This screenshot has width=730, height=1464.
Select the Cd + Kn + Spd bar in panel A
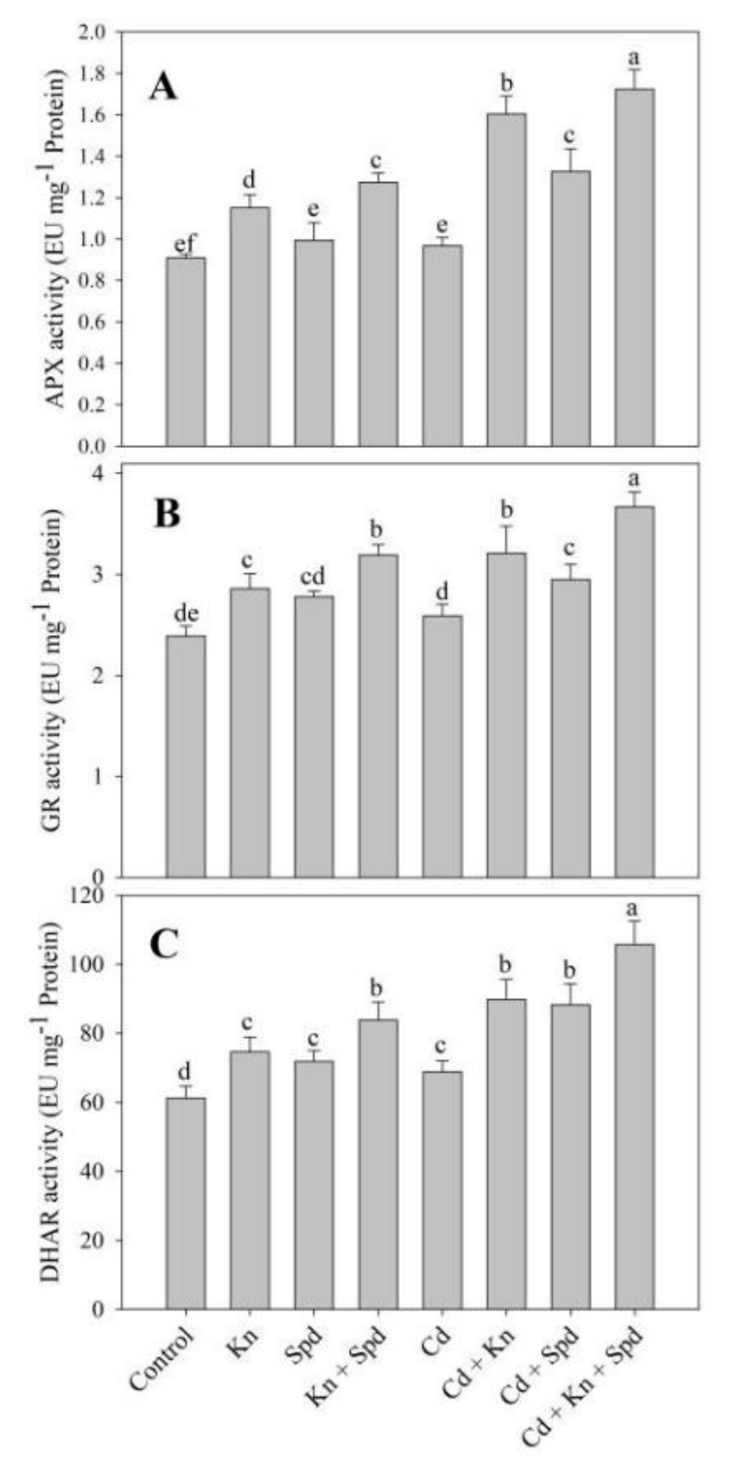(x=634, y=267)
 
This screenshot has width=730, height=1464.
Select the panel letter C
(x=165, y=945)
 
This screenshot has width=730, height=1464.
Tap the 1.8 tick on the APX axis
(x=96, y=73)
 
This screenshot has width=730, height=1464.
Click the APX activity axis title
(x=58, y=239)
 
